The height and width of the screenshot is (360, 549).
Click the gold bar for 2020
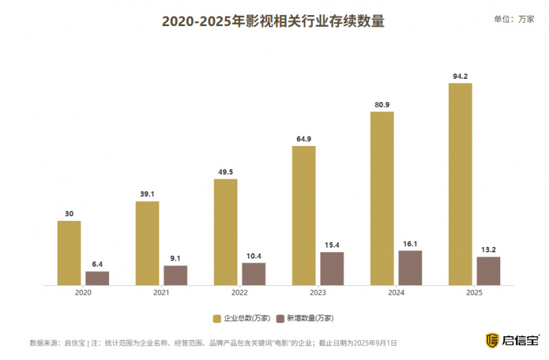point(69,252)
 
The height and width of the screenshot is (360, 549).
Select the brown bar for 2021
point(175,275)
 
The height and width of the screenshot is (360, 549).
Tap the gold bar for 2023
point(303,215)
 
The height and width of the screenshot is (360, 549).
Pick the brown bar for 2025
point(488,271)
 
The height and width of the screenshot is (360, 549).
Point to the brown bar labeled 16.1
point(410,267)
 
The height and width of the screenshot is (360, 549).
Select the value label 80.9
point(382,104)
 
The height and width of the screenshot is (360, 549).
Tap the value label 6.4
point(97,264)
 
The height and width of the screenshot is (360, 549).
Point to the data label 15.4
point(331,245)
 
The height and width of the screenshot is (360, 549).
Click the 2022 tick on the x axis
point(240,293)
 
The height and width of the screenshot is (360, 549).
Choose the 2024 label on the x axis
point(396,293)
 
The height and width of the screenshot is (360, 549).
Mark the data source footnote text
point(213,342)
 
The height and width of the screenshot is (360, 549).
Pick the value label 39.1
point(147,194)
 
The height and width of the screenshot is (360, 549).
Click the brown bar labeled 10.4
point(253,274)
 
